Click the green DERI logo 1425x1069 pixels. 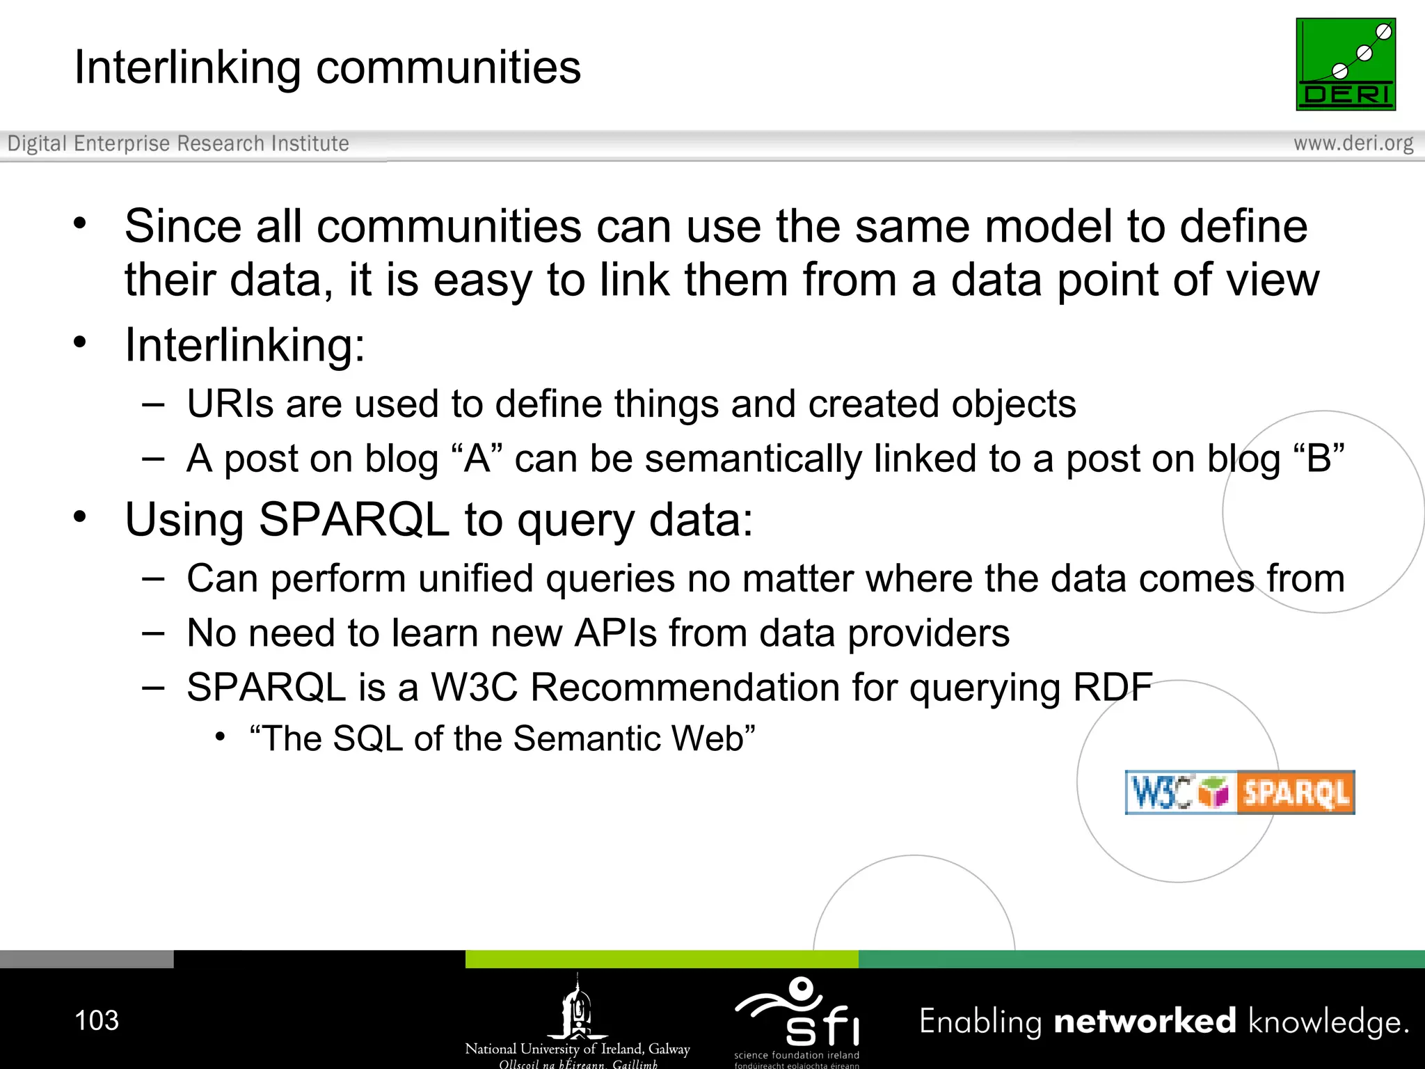[1345, 64]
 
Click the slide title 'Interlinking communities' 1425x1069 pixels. [327, 68]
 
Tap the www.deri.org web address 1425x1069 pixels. [1353, 143]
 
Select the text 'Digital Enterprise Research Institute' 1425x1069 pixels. [178, 143]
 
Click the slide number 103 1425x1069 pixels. [97, 1020]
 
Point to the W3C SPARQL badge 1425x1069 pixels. [1239, 792]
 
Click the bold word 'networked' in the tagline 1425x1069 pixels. [1145, 1021]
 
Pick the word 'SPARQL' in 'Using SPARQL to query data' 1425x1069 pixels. [353, 520]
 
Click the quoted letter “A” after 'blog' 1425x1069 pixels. [477, 459]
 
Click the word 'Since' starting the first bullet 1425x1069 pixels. [182, 227]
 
